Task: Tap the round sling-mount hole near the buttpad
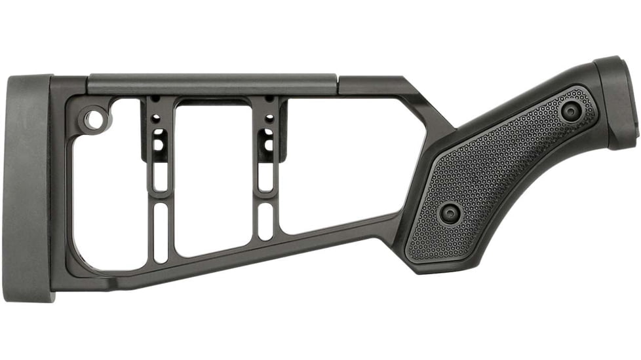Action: [x=94, y=120]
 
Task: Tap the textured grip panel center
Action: [x=505, y=170]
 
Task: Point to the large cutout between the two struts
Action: [x=213, y=177]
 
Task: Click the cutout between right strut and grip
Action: [x=341, y=164]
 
